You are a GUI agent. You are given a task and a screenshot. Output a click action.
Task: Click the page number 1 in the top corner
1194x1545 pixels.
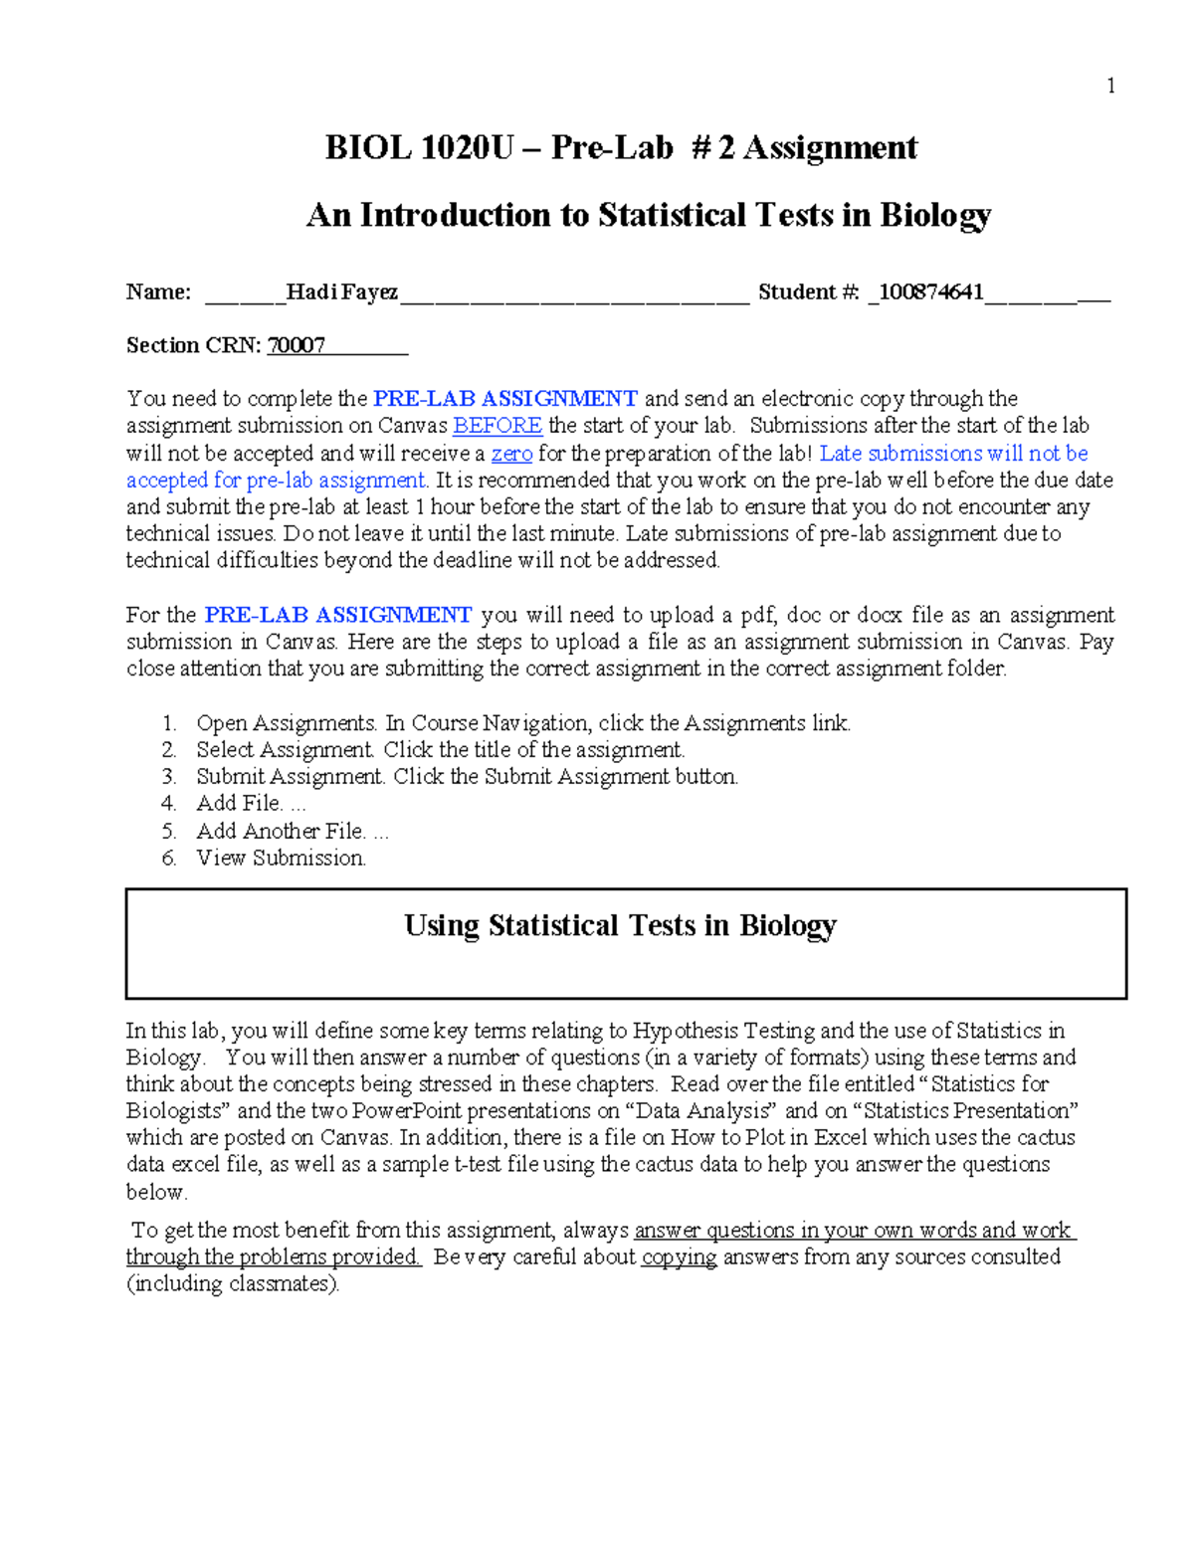click(x=1110, y=87)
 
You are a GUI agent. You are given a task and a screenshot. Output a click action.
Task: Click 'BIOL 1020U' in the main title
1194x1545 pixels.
click(x=419, y=148)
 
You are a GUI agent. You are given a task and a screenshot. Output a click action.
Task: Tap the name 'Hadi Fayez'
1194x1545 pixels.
click(x=342, y=291)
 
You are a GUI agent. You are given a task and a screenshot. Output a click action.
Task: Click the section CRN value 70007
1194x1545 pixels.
click(x=297, y=345)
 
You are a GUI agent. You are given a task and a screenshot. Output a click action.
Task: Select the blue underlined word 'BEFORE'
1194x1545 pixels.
click(x=497, y=426)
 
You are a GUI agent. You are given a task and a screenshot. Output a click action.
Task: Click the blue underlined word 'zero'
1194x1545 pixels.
click(x=511, y=454)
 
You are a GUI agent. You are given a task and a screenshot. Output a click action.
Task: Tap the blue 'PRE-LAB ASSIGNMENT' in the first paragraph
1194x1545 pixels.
click(x=504, y=399)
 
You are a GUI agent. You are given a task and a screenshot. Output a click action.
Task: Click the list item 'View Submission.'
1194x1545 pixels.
click(x=281, y=858)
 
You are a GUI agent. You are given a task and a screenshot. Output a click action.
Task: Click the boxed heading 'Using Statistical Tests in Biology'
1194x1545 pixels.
click(x=620, y=926)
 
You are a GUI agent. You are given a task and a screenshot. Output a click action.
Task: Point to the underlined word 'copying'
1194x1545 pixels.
click(x=679, y=1256)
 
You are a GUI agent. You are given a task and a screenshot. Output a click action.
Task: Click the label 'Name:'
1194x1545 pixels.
click(x=158, y=291)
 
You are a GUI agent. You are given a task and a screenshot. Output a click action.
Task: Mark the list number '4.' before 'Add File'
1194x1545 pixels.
click(x=169, y=804)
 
